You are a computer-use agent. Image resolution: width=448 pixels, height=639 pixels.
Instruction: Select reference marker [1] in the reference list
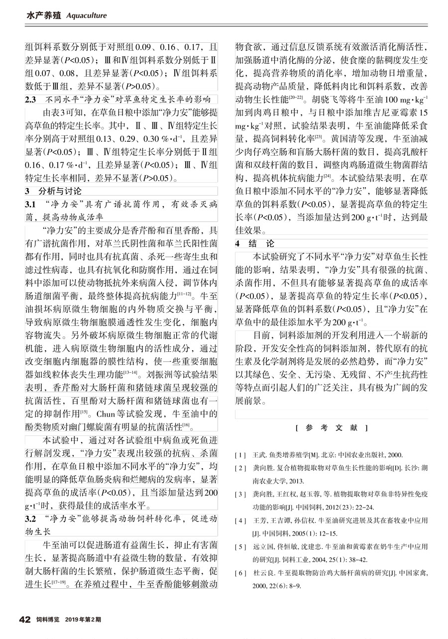click(x=241, y=455)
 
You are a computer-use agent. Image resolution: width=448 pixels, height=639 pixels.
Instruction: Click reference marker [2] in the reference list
click(x=241, y=468)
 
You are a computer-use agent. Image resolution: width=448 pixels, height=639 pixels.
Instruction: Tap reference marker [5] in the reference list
click(x=241, y=546)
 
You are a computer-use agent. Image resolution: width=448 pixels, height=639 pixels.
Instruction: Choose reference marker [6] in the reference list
click(x=241, y=573)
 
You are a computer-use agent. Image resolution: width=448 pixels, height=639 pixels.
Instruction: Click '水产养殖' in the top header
click(x=43, y=15)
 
